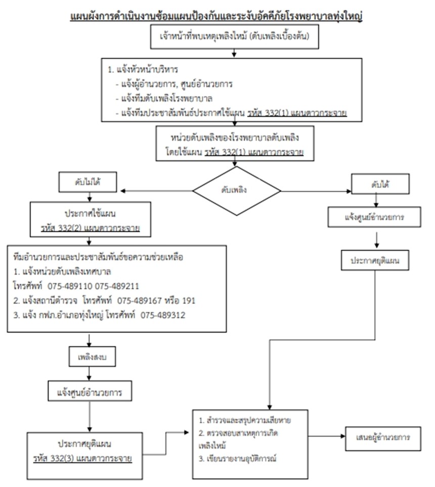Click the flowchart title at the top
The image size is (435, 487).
(x=217, y=16)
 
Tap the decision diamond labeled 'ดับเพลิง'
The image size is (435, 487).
(x=236, y=191)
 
